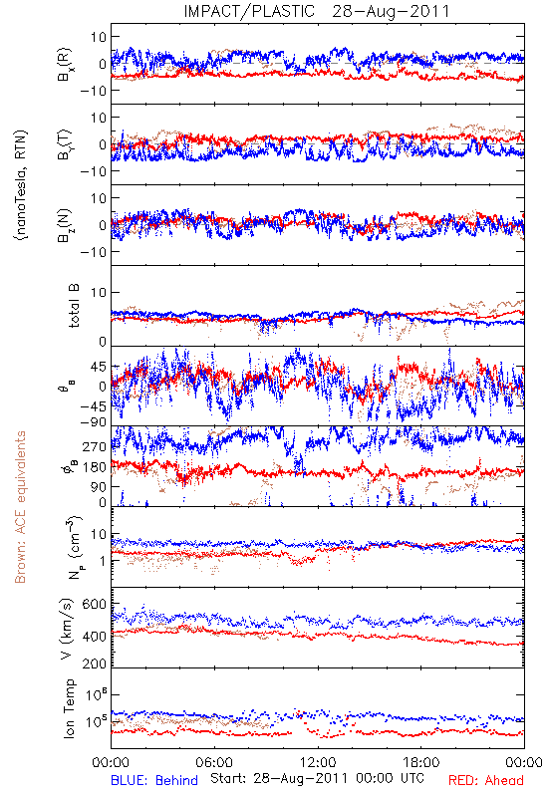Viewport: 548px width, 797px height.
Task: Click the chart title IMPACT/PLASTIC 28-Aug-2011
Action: click(317, 11)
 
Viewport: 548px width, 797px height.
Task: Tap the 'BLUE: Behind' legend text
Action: click(154, 780)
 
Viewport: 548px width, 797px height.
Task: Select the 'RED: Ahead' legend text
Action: click(485, 780)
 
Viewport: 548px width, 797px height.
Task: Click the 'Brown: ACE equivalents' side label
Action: click(20, 507)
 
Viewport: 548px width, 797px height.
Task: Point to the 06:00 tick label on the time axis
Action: click(214, 762)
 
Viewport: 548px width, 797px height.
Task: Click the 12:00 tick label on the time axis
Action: click(318, 762)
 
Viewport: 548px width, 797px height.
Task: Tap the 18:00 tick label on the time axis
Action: click(421, 762)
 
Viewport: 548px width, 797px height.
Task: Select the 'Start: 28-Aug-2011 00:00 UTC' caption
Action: click(317, 778)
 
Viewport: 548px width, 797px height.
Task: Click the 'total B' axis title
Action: click(74, 306)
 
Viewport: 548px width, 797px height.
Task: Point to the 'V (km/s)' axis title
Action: click(67, 629)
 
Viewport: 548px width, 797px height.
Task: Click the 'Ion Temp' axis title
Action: click(69, 708)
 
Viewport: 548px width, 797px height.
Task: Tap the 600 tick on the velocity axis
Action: click(95, 604)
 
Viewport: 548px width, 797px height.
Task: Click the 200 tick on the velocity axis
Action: click(95, 664)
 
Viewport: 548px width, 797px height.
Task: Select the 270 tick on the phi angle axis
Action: click(95, 446)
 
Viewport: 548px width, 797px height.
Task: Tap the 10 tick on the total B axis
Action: click(98, 292)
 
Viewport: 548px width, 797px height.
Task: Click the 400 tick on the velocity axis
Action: click(95, 636)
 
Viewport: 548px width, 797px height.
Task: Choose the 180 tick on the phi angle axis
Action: click(95, 467)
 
